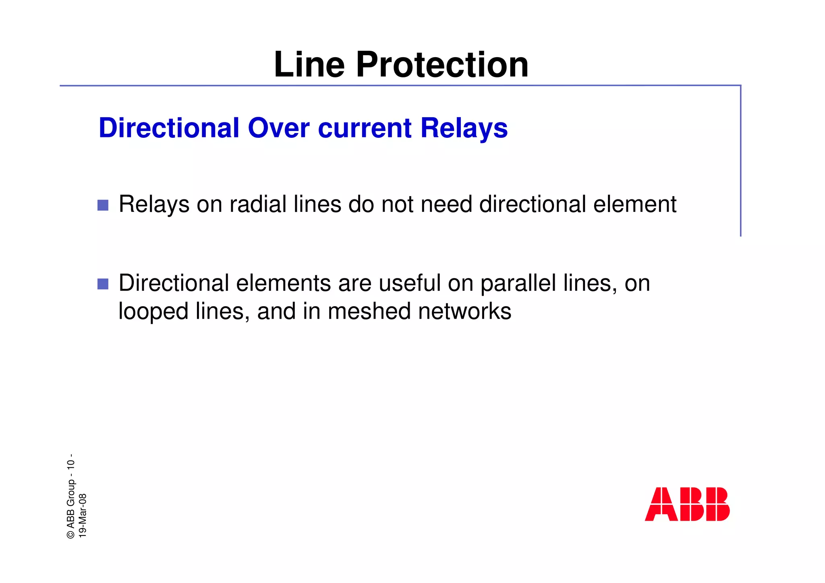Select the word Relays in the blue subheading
click(x=464, y=128)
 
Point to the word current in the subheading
click(x=365, y=128)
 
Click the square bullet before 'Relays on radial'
click(x=103, y=205)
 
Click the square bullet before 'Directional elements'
click(x=103, y=284)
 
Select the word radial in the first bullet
click(x=258, y=204)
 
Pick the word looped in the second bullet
click(x=153, y=311)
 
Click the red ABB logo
click(x=687, y=504)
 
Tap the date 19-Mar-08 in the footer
click(x=83, y=515)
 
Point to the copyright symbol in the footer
click(x=71, y=534)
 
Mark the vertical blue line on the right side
click(x=740, y=161)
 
